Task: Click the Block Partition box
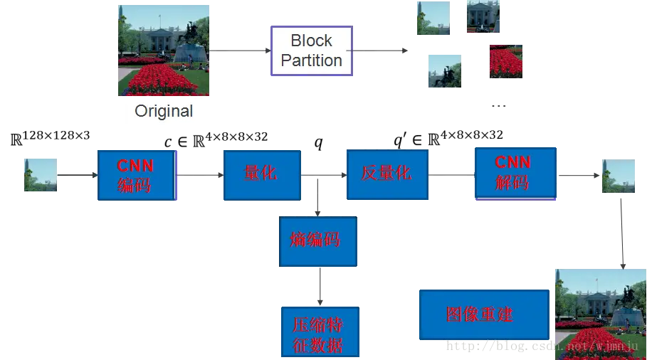[312, 51]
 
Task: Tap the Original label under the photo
[164, 111]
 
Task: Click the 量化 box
[261, 174]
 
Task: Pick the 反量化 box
[386, 174]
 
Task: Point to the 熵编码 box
[317, 240]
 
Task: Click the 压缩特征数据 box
[319, 332]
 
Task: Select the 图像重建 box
[484, 314]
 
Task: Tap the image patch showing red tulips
[507, 58]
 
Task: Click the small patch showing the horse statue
[444, 71]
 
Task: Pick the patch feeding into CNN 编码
[40, 174]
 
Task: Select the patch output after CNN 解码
[618, 176]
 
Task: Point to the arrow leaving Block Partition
[381, 50]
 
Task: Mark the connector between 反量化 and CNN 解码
[452, 173]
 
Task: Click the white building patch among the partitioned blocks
[483, 16]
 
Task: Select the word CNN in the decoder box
[513, 163]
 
